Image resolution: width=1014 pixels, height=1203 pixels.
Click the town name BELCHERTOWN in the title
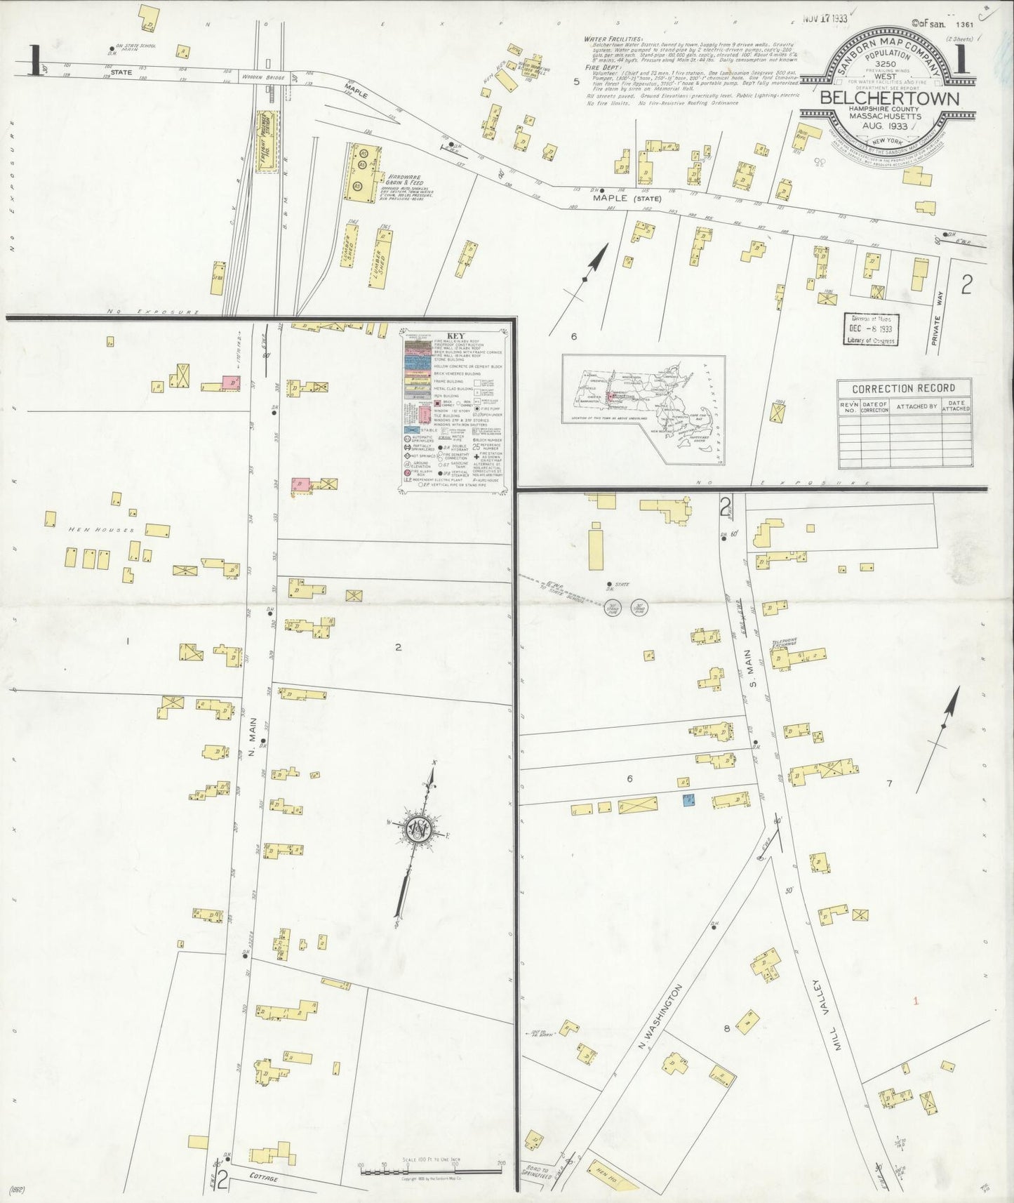coord(889,98)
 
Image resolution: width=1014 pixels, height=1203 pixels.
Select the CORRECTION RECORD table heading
coord(903,389)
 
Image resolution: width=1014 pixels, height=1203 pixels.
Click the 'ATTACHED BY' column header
coord(914,406)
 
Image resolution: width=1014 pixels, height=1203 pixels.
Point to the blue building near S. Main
coord(689,799)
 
